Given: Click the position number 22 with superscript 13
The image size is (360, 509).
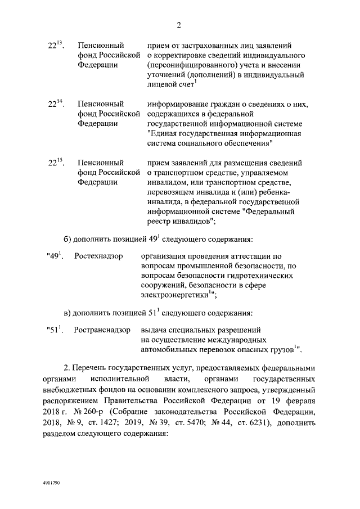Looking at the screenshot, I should (55, 44).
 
